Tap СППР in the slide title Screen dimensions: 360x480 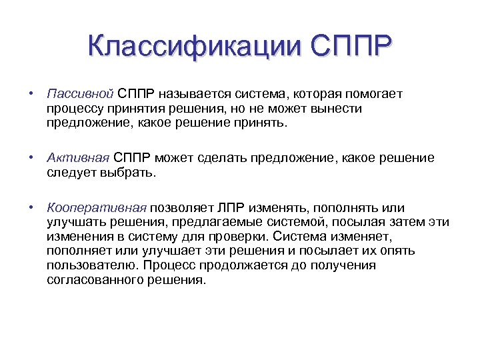pos(351,48)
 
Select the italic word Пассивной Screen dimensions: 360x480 pos(81,95)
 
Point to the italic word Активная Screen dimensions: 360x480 pos(78,158)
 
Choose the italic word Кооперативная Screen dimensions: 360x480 pos(96,208)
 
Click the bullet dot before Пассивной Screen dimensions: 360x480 pos(31,95)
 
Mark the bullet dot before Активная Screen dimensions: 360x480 pos(31,158)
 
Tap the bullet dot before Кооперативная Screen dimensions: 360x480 pos(31,208)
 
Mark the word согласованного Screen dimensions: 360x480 pos(92,280)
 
